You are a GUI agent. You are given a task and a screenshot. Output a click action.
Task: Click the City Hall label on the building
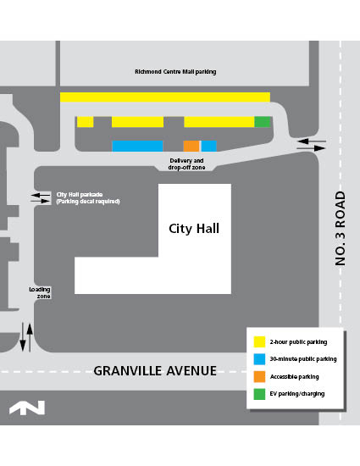(x=194, y=229)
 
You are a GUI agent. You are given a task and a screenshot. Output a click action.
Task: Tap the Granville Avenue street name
(x=155, y=371)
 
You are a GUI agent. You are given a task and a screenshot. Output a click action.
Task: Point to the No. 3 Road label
(x=341, y=229)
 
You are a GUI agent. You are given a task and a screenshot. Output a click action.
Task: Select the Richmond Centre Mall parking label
(x=175, y=72)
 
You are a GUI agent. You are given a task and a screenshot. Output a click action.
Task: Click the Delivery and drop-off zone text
(x=186, y=164)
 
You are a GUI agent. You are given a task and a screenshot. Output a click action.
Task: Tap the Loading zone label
(x=40, y=292)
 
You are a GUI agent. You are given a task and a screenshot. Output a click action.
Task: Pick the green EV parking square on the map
(x=263, y=122)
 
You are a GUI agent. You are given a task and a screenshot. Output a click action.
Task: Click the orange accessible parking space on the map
(x=191, y=146)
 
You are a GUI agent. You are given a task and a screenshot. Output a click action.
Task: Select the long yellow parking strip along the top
(x=164, y=97)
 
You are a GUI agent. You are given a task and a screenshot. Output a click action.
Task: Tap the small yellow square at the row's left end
(x=85, y=122)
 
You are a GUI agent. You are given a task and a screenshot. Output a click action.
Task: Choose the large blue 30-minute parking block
(x=137, y=146)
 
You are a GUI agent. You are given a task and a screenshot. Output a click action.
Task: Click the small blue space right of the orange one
(x=208, y=146)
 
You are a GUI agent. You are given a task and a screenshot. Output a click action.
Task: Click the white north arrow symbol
(x=27, y=408)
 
